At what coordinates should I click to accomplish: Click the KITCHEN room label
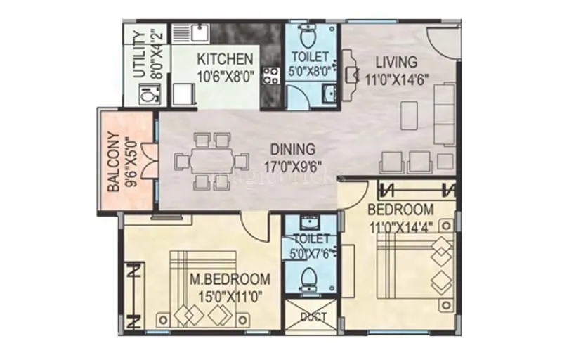click(224, 58)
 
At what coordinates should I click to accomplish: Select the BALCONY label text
click(112, 162)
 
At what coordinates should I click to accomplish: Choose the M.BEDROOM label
click(230, 278)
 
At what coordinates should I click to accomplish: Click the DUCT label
click(313, 317)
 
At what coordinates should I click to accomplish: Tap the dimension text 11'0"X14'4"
click(401, 226)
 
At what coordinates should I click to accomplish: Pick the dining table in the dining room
click(211, 161)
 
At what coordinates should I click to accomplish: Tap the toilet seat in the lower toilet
click(307, 281)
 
